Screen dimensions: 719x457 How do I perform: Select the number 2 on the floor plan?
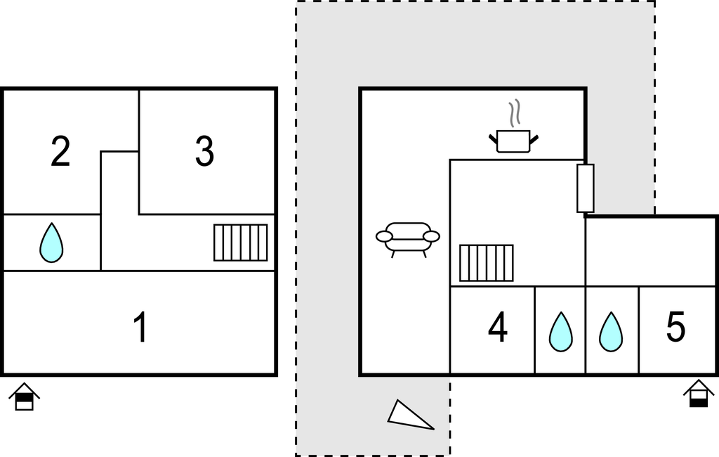point(60,151)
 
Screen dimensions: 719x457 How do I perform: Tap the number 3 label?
point(204,151)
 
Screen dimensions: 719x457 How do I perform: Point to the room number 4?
point(498,327)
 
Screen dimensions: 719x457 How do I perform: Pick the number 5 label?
point(675,327)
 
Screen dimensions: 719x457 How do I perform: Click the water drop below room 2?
point(51,243)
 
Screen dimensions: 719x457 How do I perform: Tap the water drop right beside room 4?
point(561,332)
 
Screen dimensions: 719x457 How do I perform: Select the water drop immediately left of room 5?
point(611,332)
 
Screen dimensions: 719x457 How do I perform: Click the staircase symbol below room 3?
point(241,243)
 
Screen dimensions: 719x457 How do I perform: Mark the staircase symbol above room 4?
point(487,263)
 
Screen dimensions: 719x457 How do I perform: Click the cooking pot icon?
point(513,141)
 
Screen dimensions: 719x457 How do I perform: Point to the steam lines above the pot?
point(515,112)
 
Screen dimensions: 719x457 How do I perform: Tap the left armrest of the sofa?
point(384,236)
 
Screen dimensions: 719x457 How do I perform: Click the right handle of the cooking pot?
point(534,139)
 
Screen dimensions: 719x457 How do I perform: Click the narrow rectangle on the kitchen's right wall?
point(586,188)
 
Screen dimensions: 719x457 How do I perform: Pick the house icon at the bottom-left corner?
point(25,397)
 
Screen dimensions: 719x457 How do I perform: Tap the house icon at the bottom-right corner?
point(699,393)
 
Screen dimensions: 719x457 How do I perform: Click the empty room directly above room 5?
point(651,251)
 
